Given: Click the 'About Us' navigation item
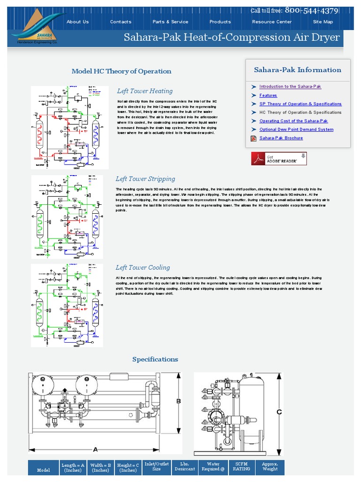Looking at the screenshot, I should click(78, 22).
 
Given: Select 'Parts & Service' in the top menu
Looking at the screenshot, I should click(170, 22).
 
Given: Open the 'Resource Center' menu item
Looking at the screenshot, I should click(272, 22).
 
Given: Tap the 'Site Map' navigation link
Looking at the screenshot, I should click(323, 22).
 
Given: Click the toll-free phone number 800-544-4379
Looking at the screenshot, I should click(311, 10).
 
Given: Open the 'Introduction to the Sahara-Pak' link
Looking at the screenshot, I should click(290, 87).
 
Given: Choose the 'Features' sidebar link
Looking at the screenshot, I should click(268, 96).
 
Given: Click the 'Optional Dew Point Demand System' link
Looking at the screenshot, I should click(296, 129).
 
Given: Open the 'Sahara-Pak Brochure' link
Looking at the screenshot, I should click(281, 138).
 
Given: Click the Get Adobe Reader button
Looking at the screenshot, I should click(279, 159).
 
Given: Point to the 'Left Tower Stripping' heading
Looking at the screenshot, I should click(145, 179).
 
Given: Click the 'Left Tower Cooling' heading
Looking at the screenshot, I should click(143, 267).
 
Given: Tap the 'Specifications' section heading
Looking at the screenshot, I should click(155, 359).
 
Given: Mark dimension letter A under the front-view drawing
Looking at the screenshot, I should click(95, 449).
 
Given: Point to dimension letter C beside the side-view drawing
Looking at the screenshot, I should click(279, 412).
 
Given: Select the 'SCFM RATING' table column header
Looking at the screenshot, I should click(241, 466).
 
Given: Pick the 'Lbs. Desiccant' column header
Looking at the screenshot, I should click(185, 466).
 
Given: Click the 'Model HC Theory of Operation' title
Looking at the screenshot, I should click(121, 72).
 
